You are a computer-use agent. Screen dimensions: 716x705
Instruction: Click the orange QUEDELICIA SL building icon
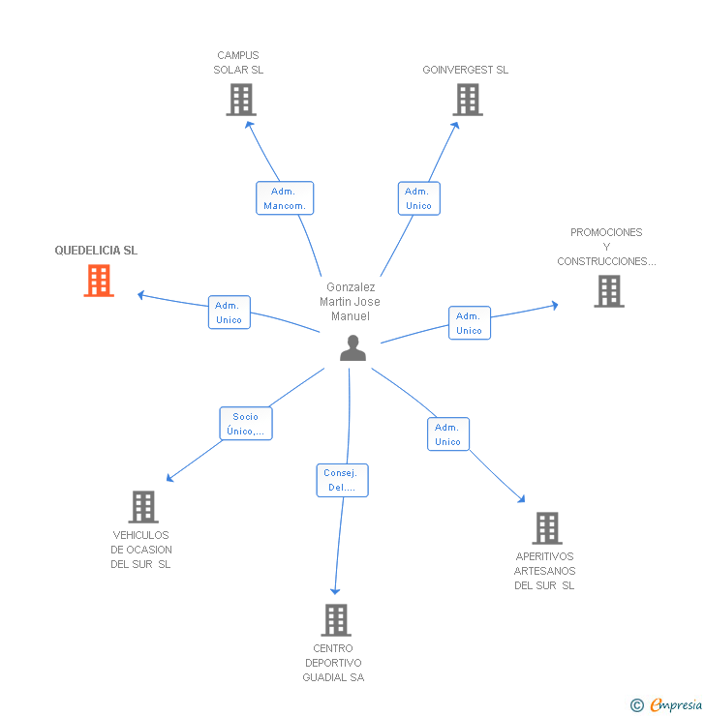point(99,281)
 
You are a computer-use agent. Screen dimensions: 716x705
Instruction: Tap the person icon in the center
point(353,348)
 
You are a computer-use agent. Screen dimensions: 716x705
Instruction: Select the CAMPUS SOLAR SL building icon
point(241,100)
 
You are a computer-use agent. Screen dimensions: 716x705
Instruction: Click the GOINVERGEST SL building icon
point(467,100)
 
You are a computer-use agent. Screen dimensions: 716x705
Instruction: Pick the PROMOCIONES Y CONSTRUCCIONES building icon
point(609,291)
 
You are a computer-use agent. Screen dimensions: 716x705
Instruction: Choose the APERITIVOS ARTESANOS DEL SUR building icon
point(547,528)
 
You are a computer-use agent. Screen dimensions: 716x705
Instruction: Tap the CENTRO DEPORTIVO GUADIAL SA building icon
point(335,620)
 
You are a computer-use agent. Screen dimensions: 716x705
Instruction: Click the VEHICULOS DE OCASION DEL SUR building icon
point(143,507)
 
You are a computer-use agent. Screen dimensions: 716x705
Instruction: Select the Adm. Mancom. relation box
point(285,198)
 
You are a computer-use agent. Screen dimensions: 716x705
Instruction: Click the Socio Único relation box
point(246,424)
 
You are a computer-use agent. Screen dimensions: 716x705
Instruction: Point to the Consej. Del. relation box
point(342,481)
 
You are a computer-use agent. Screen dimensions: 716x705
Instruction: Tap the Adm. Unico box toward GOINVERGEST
point(418,198)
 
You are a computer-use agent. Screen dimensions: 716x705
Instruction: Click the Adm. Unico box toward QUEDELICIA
point(230,313)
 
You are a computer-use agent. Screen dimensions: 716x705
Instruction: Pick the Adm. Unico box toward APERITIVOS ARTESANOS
point(447,434)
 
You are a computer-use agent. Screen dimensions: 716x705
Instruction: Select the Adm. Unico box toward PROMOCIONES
point(469,323)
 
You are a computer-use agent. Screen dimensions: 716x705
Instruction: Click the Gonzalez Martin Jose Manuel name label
point(351,302)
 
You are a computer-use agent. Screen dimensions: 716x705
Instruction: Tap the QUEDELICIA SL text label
point(96,251)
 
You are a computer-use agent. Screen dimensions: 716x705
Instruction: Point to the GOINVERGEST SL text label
point(465,70)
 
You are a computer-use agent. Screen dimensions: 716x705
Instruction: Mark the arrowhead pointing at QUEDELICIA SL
point(141,294)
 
